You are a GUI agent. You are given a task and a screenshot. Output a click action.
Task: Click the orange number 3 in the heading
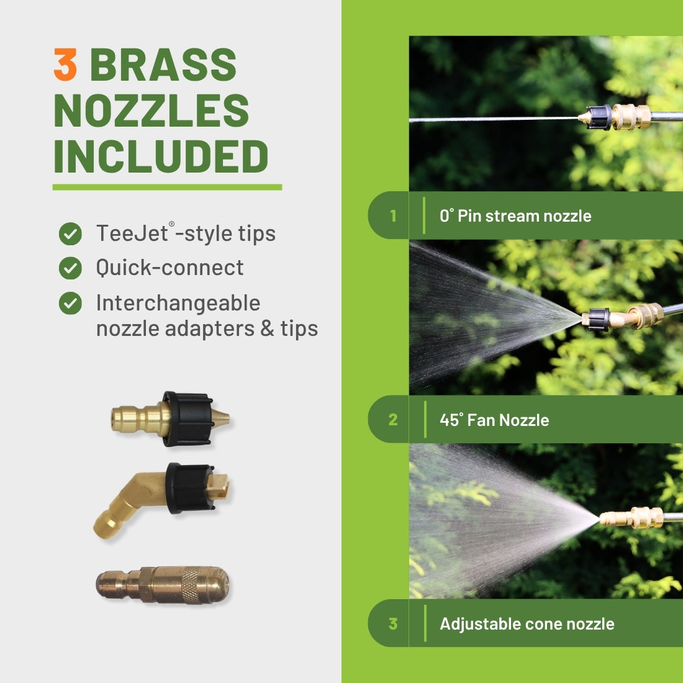point(65,65)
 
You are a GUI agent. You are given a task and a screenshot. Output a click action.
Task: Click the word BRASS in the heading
point(163,65)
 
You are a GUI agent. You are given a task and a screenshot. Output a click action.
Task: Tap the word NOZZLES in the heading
point(151,110)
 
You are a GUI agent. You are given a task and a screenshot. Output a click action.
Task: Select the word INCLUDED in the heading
point(161,156)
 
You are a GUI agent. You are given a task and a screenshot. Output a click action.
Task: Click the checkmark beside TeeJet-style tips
point(70,234)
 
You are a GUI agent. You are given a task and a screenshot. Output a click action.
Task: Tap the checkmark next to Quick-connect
point(70,268)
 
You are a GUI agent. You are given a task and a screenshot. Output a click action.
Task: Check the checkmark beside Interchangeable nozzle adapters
point(70,303)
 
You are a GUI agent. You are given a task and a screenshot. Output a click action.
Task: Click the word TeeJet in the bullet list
point(132,233)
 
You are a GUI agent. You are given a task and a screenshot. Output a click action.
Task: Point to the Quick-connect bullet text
point(170,268)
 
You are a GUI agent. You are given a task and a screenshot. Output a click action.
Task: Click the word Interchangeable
point(178,303)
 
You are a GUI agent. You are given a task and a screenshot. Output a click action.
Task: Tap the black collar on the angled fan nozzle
point(191,488)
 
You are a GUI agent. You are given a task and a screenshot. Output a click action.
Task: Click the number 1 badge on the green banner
point(393,216)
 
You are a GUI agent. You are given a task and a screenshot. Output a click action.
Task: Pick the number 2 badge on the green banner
point(393,420)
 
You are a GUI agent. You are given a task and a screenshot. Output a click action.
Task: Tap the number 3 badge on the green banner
point(393,624)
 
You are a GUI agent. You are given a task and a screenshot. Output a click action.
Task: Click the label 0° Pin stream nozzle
point(515,216)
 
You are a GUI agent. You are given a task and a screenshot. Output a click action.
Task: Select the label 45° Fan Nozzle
point(494,420)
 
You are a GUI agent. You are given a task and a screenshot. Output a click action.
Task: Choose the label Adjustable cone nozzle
point(527,624)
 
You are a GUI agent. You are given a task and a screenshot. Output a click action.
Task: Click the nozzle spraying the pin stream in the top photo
point(614,117)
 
